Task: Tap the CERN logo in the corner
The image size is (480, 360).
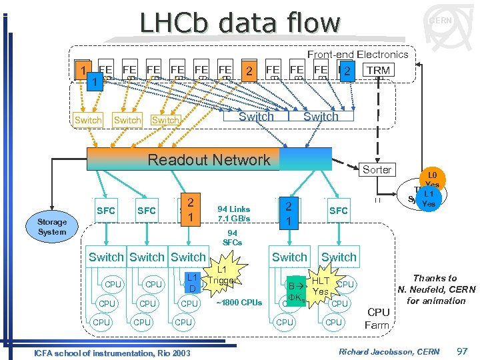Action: pyautogui.click(x=440, y=21)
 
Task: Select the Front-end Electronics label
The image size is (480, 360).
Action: pyautogui.click(x=357, y=54)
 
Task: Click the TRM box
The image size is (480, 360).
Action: pyautogui.click(x=378, y=70)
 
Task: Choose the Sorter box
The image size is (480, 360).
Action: pyautogui.click(x=377, y=169)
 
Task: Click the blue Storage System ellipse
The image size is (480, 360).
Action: pyautogui.click(x=52, y=227)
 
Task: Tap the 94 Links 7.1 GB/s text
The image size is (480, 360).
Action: pyautogui.click(x=233, y=214)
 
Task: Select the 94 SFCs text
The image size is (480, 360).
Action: pyautogui.click(x=232, y=238)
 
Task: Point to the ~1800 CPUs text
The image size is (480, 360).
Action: pyautogui.click(x=239, y=303)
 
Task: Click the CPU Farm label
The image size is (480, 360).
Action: pyautogui.click(x=378, y=318)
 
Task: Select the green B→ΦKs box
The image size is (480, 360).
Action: pyautogui.click(x=293, y=291)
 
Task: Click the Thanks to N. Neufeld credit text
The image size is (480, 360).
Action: pyautogui.click(x=435, y=289)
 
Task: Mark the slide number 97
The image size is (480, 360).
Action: pyautogui.click(x=461, y=351)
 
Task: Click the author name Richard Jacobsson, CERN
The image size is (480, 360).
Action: pyautogui.click(x=389, y=351)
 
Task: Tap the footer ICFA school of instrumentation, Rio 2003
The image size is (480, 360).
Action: pyautogui.click(x=111, y=351)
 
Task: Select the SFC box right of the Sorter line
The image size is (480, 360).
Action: pyautogui.click(x=338, y=211)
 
